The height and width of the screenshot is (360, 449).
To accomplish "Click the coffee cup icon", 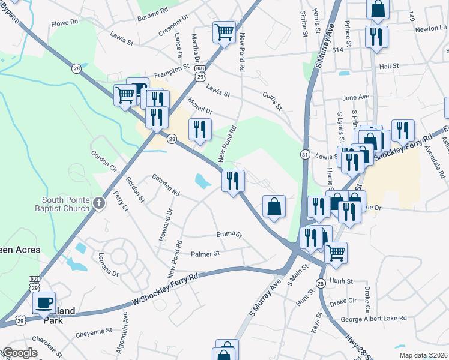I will (x=44, y=302).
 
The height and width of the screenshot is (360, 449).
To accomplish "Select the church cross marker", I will (x=100, y=203).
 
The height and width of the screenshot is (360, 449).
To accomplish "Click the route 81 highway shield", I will (x=305, y=155).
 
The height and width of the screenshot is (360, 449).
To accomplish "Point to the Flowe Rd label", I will (x=65, y=22).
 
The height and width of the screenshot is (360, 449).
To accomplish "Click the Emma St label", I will (x=229, y=235).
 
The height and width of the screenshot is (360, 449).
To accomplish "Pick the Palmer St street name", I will (x=205, y=254).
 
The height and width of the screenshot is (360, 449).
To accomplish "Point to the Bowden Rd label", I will (x=166, y=185).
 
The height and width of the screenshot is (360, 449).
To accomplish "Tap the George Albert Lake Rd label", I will (x=373, y=319).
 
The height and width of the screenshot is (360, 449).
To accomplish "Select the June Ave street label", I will (x=355, y=97).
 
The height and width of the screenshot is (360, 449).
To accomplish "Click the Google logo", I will (x=20, y=353).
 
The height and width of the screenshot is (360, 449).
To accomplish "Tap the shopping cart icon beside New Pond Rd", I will (x=224, y=32).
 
